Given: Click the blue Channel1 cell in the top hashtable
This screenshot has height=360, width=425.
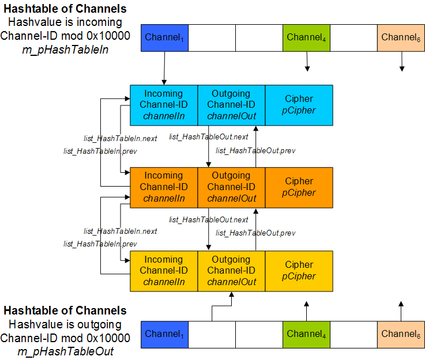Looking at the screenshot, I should [x=165, y=38].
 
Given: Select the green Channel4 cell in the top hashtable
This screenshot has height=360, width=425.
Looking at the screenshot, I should [x=306, y=38].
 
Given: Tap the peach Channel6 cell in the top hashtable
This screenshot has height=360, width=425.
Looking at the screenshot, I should [x=401, y=38].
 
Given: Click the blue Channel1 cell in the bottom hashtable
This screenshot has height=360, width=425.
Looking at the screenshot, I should [x=165, y=334].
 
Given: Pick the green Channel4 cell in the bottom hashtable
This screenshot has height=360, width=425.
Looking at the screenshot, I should [x=306, y=334].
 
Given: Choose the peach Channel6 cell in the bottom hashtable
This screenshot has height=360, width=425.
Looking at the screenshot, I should [x=401, y=334].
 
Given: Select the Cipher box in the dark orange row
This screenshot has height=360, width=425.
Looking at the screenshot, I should [x=299, y=187].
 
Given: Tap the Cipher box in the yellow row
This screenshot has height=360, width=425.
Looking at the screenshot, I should [x=299, y=270].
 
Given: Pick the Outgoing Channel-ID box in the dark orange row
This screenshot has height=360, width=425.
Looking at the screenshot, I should [x=231, y=187].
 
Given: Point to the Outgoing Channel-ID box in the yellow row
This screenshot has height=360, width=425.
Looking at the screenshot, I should [x=231, y=270].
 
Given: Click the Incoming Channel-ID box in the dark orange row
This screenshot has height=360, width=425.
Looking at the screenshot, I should [x=164, y=187].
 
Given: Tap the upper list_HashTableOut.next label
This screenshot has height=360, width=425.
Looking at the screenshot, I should [x=208, y=137].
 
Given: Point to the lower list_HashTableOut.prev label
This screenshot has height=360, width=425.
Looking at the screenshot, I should [x=255, y=233].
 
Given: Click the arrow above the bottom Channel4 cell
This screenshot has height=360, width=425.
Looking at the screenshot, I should [x=307, y=310].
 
